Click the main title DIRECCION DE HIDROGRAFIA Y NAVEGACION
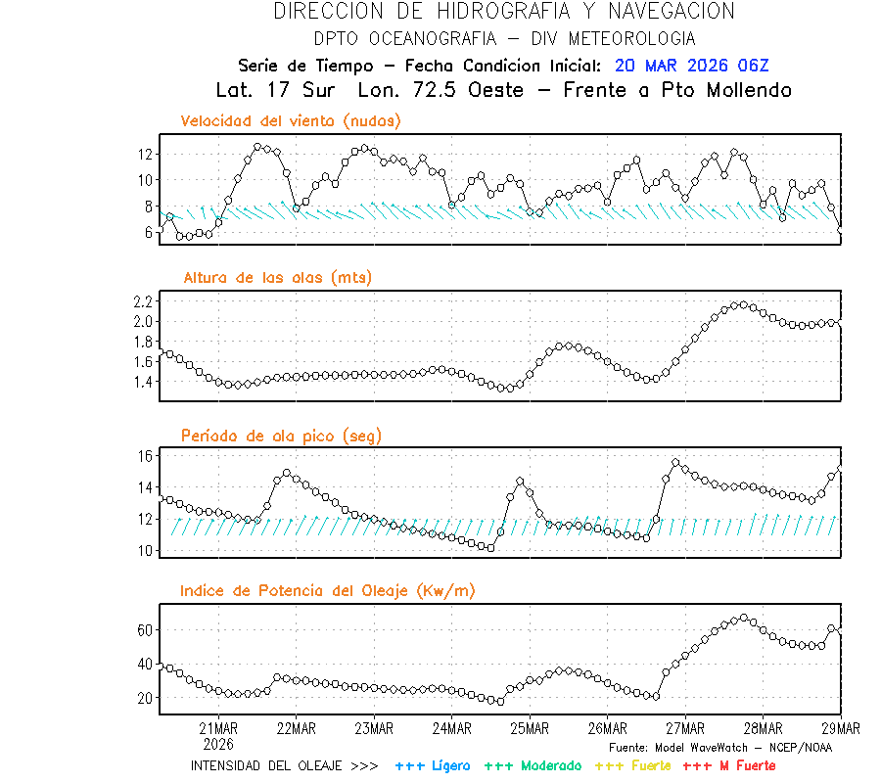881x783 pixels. coord(504,12)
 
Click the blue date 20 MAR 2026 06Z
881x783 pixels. coord(692,66)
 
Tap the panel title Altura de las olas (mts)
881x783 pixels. coord(278,278)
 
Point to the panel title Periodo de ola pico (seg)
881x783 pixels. coord(281,436)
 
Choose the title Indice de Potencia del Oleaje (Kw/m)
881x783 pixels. coord(328,590)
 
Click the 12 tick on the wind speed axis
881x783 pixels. coord(145,155)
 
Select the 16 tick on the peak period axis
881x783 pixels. coord(145,456)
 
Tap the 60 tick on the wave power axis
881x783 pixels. coord(145,630)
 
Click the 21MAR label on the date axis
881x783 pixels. coord(218,728)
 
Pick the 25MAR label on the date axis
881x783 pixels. coord(529,728)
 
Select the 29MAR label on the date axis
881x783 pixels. coord(840,728)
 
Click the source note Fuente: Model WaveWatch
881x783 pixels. coord(720,748)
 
